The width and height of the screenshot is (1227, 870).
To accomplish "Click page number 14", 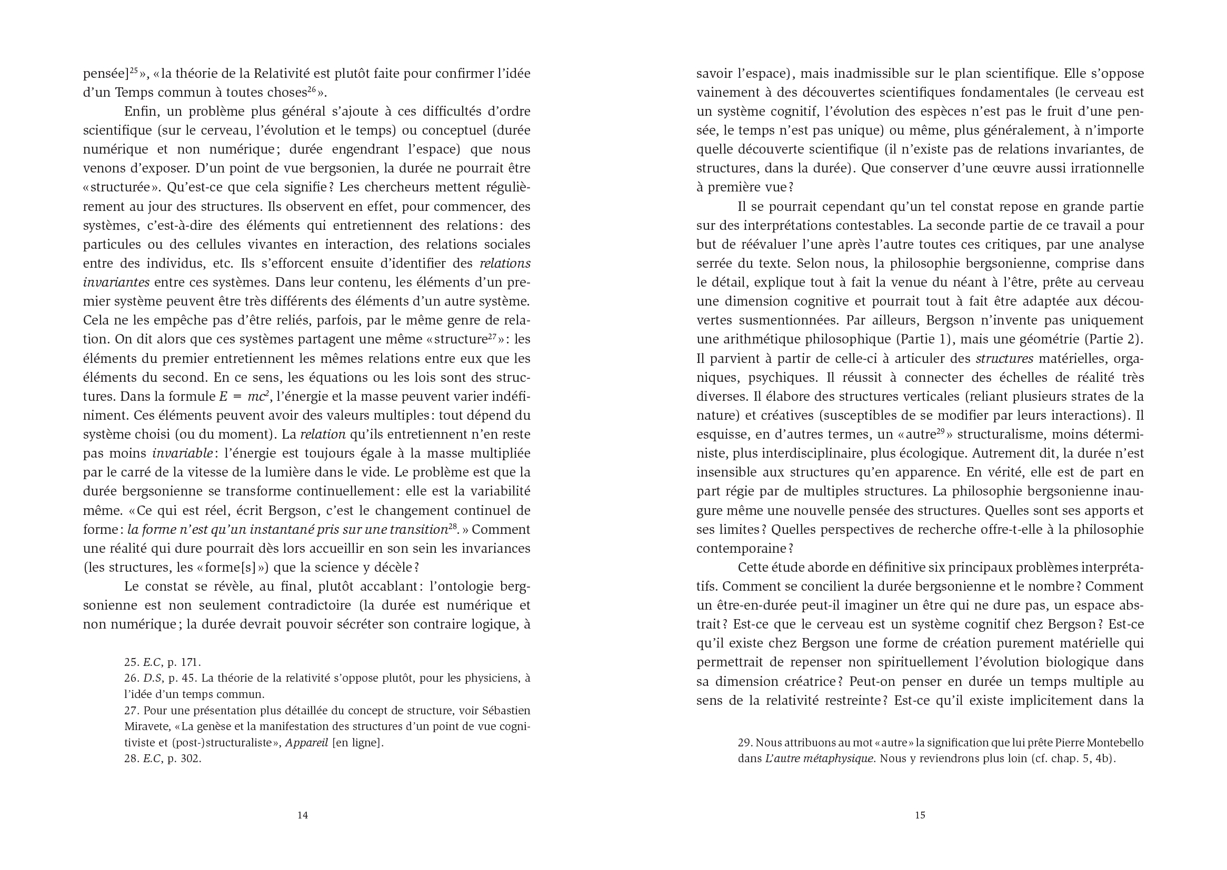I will [302, 815].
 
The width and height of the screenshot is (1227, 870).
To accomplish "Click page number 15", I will [920, 815].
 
